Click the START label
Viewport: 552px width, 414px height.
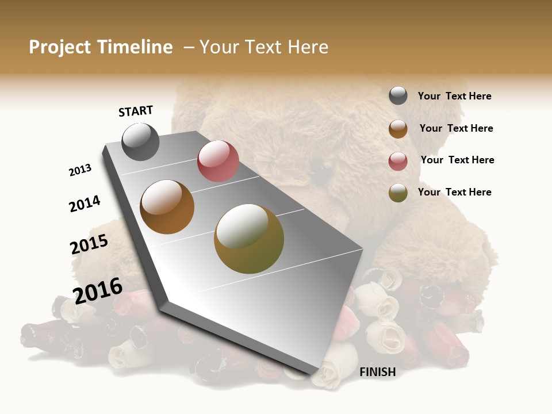136,111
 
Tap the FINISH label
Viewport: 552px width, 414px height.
377,372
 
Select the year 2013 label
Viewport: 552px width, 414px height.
80,170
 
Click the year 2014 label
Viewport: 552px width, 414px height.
85,204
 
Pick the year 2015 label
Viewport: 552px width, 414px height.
89,244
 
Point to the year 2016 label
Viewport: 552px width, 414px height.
98,290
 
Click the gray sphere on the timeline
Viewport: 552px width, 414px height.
140,141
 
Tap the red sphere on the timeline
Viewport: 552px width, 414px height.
218,161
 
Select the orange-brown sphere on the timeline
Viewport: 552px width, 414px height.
167,207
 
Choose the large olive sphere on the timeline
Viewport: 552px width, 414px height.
249,239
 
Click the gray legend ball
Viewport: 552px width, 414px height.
398,95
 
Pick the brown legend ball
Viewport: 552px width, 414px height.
398,129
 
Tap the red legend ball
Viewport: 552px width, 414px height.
398,162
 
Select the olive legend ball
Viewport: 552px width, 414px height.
398,193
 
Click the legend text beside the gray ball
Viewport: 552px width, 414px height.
454,96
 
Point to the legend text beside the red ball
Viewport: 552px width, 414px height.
457,160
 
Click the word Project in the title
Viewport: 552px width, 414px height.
59,47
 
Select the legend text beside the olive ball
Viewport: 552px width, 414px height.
454,192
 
